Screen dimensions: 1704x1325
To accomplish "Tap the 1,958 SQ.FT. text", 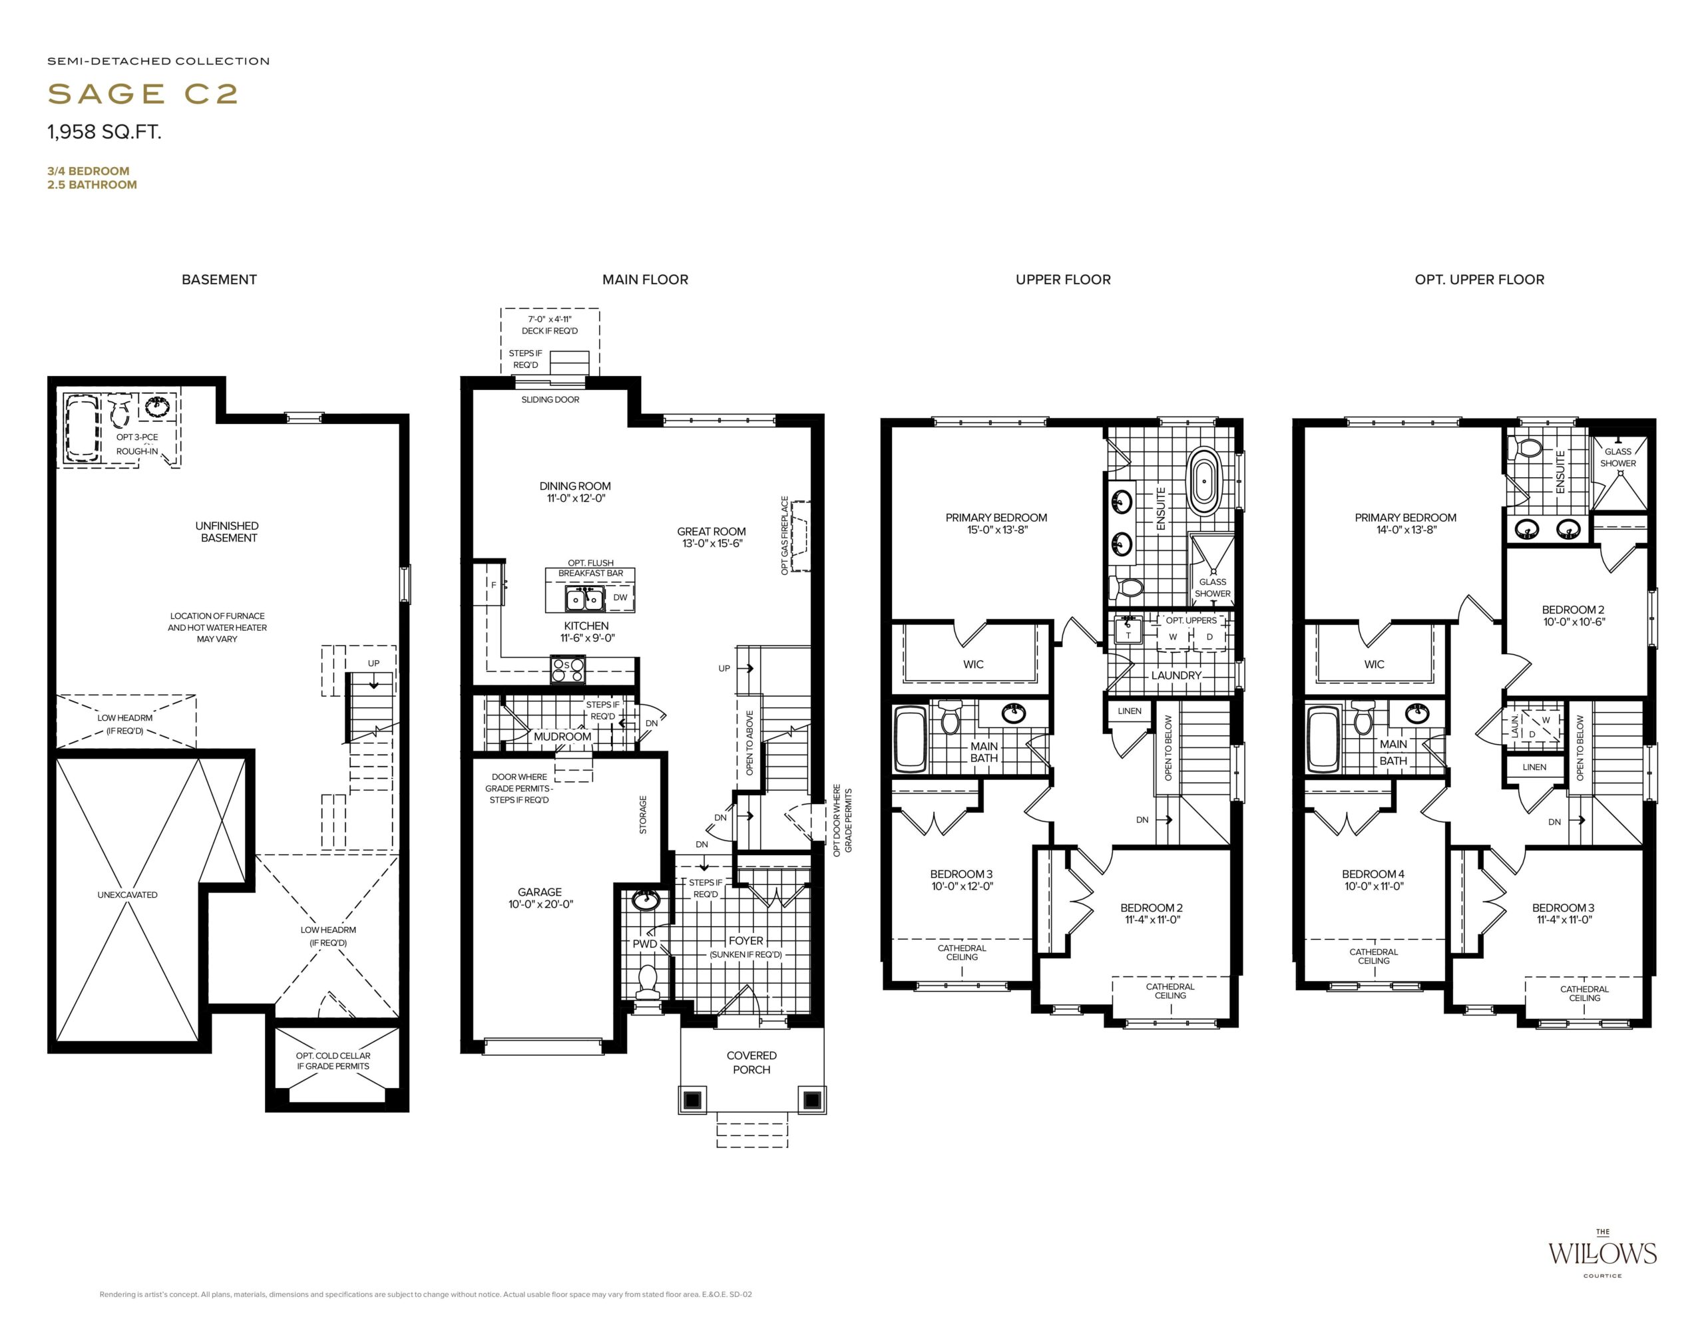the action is click(105, 132).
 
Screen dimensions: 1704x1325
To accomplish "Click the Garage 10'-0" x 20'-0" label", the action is click(540, 898).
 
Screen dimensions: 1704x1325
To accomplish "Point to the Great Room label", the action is click(712, 531).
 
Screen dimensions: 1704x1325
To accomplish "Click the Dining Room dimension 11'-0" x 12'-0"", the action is click(576, 498).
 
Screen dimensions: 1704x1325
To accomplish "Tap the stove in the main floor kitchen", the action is click(567, 669).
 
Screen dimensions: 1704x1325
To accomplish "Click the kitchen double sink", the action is click(584, 599).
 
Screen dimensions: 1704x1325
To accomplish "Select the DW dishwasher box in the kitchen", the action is click(620, 598).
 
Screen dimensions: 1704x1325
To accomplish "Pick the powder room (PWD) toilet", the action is click(648, 981).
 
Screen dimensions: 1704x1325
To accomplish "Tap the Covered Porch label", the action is click(751, 1062).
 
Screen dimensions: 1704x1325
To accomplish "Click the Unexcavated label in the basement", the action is click(127, 894).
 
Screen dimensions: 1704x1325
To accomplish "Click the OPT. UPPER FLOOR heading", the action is click(1479, 280).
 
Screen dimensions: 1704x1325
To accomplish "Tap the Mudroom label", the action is click(562, 736).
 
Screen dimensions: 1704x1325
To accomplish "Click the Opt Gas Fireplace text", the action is click(785, 536).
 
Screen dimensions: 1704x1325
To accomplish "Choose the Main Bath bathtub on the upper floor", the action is click(911, 739).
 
